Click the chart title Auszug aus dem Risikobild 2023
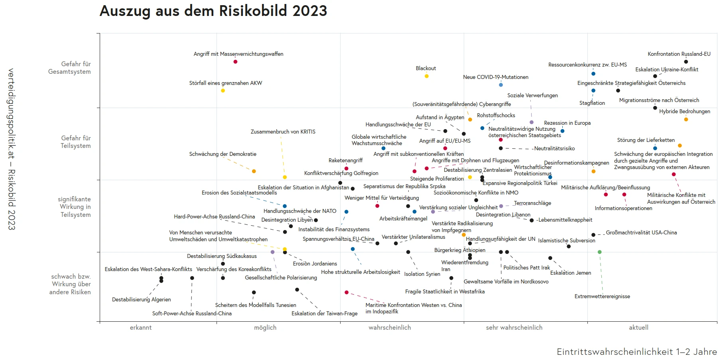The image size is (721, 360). (213, 11)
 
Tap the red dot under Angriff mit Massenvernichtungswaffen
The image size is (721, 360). (235, 61)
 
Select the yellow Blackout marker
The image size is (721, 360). (426, 76)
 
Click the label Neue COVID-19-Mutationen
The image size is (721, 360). (495, 77)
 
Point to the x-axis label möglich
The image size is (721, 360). (265, 327)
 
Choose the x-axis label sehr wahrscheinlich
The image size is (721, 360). (514, 327)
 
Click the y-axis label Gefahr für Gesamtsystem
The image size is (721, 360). (69, 68)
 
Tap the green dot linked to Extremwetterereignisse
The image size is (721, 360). (599, 252)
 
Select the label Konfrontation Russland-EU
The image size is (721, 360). (679, 54)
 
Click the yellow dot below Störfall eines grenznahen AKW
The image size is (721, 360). (223, 90)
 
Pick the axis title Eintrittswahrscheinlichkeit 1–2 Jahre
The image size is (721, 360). (636, 352)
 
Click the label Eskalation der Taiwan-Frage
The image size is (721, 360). (324, 313)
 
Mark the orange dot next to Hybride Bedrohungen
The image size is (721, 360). (686, 119)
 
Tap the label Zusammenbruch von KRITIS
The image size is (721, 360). (283, 132)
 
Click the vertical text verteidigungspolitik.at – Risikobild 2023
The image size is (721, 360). (11, 149)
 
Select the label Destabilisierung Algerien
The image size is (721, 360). (141, 299)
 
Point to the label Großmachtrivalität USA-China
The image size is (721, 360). (641, 232)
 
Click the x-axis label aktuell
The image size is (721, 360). (638, 327)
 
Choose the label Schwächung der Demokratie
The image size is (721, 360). (223, 154)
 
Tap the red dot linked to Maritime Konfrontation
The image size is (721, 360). (346, 292)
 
